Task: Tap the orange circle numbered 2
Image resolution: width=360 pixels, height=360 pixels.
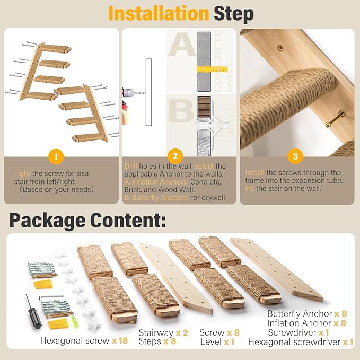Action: click(175, 156)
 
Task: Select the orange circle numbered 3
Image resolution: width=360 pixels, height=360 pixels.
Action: click(295, 156)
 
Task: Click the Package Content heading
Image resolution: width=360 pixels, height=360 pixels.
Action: click(87, 219)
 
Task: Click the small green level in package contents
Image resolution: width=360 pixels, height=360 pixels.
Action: click(74, 319)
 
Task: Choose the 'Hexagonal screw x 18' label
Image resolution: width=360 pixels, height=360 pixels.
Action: click(84, 340)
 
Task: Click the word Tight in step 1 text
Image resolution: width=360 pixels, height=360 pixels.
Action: click(22, 173)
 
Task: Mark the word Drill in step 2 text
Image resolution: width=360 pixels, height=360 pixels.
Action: click(131, 165)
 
